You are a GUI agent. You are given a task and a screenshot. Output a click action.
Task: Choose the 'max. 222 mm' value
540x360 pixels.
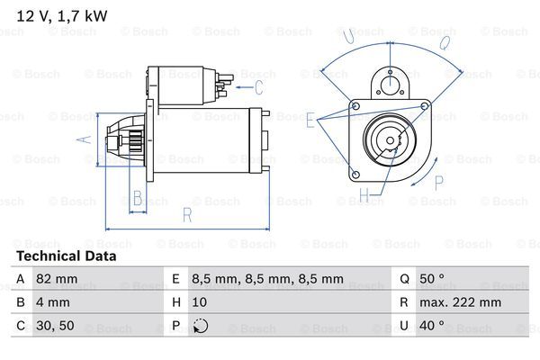(462, 303)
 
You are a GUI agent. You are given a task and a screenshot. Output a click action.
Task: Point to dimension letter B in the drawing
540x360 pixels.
(138, 197)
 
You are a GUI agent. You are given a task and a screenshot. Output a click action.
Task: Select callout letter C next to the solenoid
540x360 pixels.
(258, 87)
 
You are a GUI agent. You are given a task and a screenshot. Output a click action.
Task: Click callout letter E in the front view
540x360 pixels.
(310, 119)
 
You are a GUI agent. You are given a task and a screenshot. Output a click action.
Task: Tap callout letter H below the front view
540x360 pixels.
(364, 193)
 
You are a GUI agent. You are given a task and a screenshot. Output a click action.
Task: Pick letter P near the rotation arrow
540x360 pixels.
(439, 183)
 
